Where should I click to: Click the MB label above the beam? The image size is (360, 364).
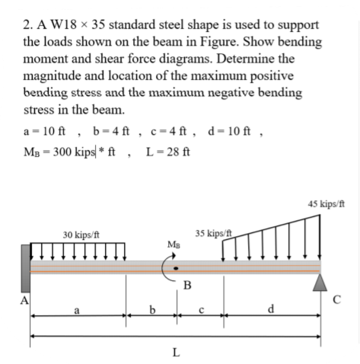[x=173, y=245]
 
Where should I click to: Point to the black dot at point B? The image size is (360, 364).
[x=177, y=269]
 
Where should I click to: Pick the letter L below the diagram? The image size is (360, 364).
[x=177, y=353]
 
